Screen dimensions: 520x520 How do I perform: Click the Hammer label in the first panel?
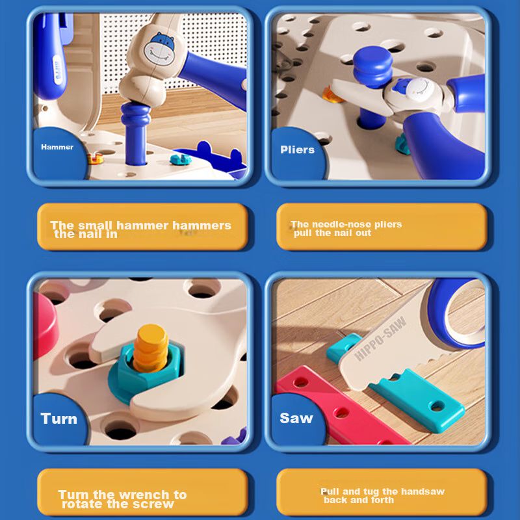[57, 147]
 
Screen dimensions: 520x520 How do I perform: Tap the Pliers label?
[297, 149]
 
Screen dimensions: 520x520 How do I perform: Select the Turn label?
[58, 419]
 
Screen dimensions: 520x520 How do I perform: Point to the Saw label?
[296, 418]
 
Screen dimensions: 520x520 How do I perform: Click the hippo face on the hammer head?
[160, 49]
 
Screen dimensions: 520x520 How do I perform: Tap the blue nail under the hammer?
[135, 133]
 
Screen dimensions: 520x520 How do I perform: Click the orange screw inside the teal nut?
[151, 348]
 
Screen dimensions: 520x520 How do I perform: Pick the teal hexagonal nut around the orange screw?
[146, 368]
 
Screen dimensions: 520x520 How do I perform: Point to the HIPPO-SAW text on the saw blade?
[380, 338]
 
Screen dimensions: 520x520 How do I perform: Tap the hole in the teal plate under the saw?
[437, 406]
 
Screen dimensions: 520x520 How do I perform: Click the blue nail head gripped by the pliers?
[372, 66]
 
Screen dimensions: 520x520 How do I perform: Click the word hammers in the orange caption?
[201, 226]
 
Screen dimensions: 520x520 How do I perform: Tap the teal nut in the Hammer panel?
[181, 159]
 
